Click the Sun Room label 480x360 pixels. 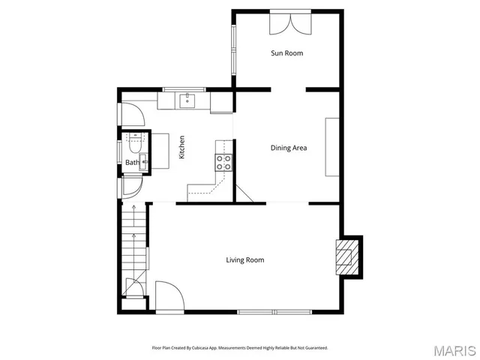(286, 53)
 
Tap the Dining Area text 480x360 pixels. (288, 148)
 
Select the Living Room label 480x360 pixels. (245, 260)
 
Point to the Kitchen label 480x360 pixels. (181, 146)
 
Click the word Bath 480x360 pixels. (131, 163)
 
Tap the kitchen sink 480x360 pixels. (187, 100)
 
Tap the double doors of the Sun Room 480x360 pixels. (290, 22)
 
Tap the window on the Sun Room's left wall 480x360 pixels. (233, 49)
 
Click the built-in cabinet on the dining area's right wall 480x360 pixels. (331, 147)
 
